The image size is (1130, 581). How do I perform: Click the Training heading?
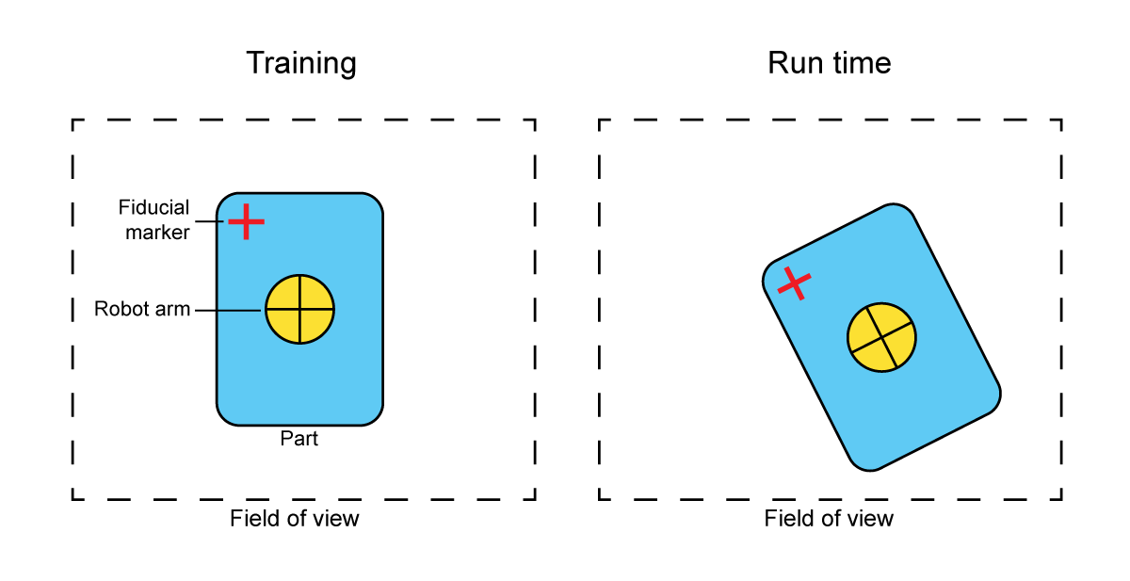click(x=301, y=64)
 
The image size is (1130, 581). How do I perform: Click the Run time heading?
click(x=829, y=64)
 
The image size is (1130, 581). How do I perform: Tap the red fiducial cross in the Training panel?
click(x=246, y=221)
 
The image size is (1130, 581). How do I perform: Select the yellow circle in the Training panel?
click(x=299, y=309)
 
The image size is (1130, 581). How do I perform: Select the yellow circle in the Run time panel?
click(x=881, y=337)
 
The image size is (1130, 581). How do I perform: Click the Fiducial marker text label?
click(x=154, y=218)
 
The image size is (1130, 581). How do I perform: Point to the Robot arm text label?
click(x=142, y=309)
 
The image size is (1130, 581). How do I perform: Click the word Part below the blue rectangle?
click(x=299, y=439)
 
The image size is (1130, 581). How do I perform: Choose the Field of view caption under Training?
click(x=295, y=518)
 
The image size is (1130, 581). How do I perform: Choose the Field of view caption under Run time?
click(x=829, y=518)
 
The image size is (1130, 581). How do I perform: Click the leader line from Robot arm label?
click(x=229, y=309)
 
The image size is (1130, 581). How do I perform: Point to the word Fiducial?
click(x=154, y=207)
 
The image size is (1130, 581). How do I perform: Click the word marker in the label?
click(x=158, y=231)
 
